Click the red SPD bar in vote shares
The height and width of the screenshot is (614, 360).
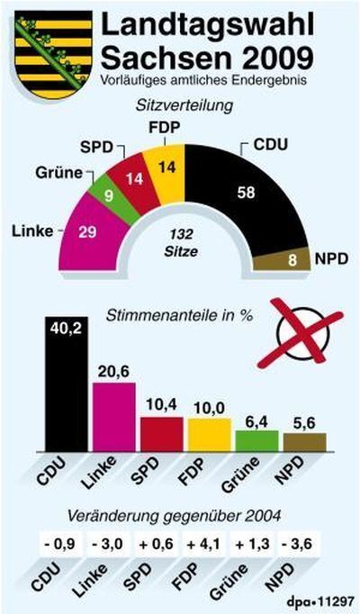tap(161, 433)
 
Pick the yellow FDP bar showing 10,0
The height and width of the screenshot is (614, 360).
tap(209, 434)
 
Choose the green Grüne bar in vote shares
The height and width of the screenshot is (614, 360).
tap(256, 440)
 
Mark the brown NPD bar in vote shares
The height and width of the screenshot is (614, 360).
tap(304, 441)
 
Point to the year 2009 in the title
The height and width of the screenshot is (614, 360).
tap(273, 58)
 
